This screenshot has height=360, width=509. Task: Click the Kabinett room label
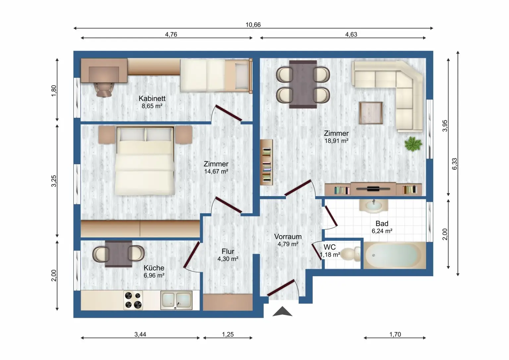(152, 98)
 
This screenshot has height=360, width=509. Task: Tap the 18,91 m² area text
(336, 141)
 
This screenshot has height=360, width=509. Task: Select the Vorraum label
(288, 236)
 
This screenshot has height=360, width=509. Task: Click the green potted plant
(413, 144)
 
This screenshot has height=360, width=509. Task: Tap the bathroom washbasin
(373, 206)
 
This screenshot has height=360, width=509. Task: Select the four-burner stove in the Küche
(133, 300)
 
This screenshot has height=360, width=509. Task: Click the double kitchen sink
(176, 300)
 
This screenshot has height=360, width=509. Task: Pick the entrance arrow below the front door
(282, 312)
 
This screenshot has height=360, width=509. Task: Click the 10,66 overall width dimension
(253, 25)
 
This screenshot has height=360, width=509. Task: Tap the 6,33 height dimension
(454, 164)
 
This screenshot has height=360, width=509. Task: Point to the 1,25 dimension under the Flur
(228, 334)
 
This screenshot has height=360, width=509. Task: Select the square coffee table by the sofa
(371, 113)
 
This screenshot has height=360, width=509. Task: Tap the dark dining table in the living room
(303, 84)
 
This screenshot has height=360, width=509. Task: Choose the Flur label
(228, 251)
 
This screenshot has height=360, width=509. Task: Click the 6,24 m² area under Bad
(382, 231)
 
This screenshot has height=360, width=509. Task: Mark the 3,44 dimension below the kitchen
(140, 334)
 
